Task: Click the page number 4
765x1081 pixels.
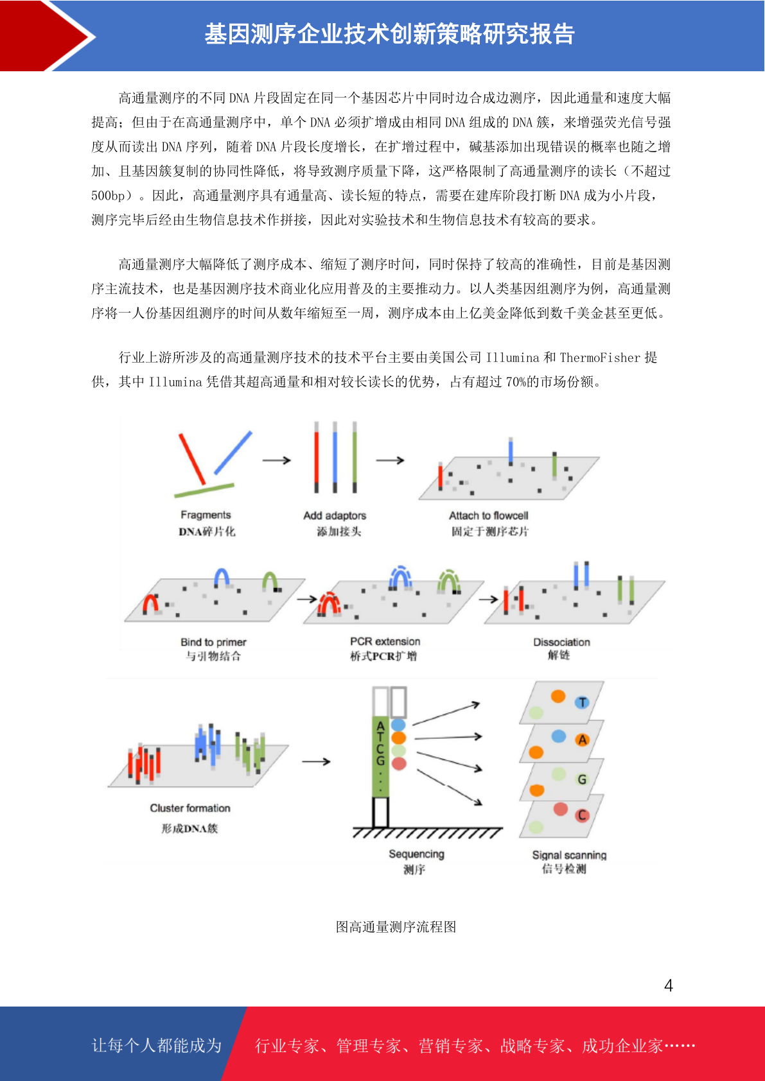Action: point(669,985)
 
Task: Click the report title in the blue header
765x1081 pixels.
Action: point(389,34)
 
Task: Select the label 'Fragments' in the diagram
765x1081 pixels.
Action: point(206,515)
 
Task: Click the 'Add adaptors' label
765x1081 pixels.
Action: point(335,515)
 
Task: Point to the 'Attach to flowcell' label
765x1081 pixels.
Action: point(488,515)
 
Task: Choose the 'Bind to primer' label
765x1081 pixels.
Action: point(213,643)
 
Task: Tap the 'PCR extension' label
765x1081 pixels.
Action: point(385,641)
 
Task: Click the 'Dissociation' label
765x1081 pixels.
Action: point(561,643)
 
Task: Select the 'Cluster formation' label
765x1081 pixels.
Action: point(189,808)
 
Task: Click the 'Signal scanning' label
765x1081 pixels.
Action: point(569,855)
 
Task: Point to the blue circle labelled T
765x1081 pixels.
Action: point(583,703)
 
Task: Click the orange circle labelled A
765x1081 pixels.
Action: point(583,739)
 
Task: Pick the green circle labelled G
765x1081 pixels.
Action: point(583,779)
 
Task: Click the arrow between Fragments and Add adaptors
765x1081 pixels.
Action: point(276,460)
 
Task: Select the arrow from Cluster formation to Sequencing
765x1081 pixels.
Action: point(316,761)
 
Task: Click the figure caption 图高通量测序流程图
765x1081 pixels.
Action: point(396,926)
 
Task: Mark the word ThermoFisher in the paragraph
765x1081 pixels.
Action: point(600,358)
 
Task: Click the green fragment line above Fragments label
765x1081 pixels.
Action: point(204,490)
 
